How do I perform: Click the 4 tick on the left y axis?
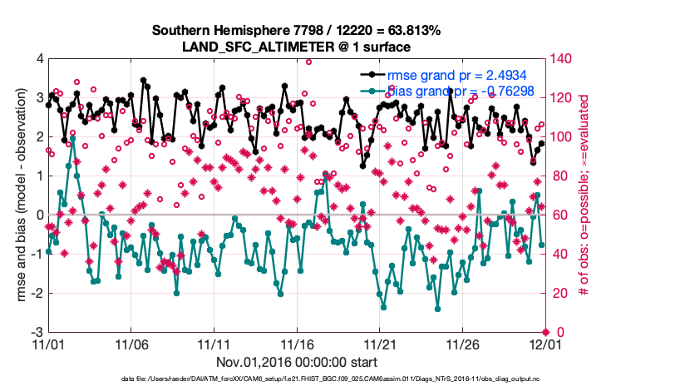click(x=39, y=59)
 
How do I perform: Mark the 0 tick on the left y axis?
click(x=39, y=215)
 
